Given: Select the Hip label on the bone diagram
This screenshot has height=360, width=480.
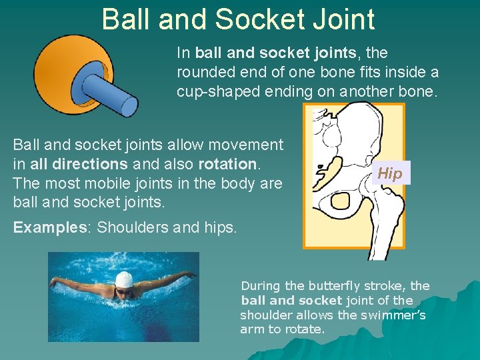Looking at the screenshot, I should tap(389, 173).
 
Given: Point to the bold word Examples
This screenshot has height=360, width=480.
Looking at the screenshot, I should tap(45, 227).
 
